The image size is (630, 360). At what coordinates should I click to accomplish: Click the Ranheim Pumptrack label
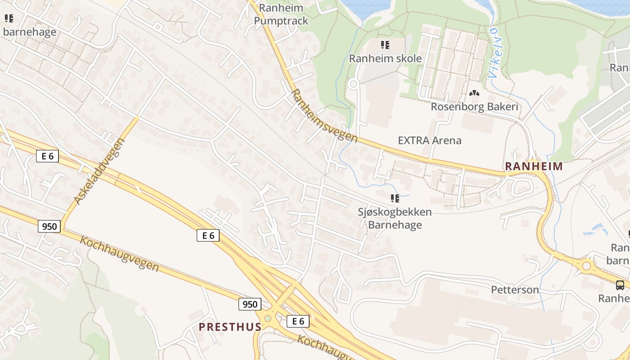281,14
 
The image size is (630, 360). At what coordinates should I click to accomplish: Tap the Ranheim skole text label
385,58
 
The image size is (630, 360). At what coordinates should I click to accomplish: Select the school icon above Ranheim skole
385,45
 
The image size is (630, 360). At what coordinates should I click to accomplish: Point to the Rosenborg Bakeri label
474,107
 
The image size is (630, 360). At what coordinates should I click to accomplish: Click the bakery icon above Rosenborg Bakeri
474,94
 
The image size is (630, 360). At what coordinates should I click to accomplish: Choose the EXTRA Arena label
429,140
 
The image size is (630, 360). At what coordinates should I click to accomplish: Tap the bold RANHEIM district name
534,166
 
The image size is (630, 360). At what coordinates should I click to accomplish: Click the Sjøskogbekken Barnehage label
395,218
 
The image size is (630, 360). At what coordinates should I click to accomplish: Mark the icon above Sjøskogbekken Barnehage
395,198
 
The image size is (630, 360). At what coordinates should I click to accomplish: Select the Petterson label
515,290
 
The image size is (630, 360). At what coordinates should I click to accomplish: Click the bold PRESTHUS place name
230,327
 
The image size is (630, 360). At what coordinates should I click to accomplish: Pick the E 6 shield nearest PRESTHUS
298,321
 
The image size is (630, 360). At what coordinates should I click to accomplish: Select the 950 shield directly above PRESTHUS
250,304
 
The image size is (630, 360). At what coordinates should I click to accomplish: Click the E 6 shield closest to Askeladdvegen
47,156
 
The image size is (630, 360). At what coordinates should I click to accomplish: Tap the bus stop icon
620,285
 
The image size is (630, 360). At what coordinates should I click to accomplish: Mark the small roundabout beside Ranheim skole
353,84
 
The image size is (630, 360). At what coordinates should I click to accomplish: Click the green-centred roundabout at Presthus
268,319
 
